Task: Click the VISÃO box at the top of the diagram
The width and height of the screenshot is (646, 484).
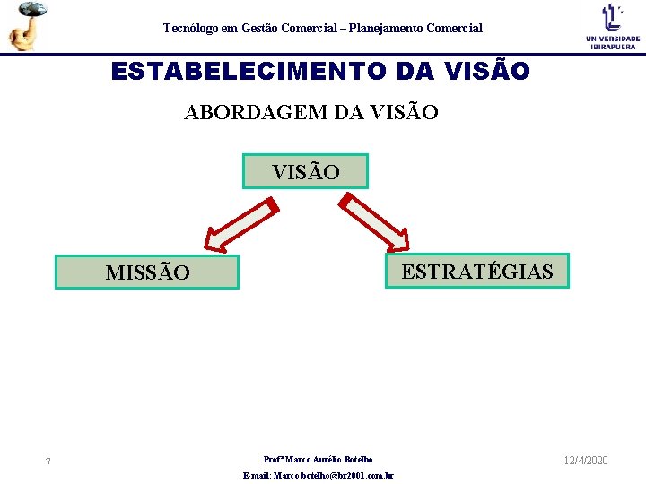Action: tap(305, 171)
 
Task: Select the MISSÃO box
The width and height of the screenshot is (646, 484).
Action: tap(147, 272)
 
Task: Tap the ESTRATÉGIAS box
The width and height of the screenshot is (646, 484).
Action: tap(477, 271)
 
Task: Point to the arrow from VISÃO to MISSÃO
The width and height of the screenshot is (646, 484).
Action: tap(239, 225)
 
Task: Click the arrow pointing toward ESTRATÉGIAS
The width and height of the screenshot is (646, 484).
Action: tap(377, 225)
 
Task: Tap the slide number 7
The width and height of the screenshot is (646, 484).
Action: tap(48, 462)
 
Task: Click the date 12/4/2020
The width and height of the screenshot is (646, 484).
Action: tap(586, 460)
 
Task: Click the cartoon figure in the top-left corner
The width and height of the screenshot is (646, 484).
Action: tap(26, 25)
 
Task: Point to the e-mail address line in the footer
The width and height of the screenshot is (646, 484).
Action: tap(319, 476)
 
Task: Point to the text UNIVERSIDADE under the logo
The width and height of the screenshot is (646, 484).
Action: tap(613, 39)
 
